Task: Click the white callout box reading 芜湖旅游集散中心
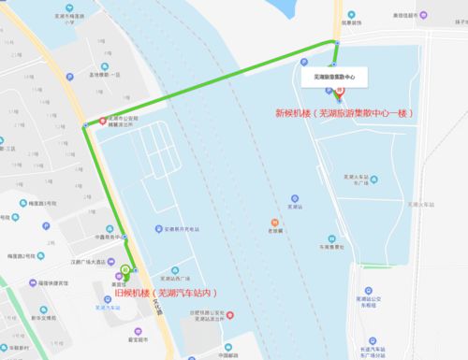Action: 335,74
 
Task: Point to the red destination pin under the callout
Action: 338,93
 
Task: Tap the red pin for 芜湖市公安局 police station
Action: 103,122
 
